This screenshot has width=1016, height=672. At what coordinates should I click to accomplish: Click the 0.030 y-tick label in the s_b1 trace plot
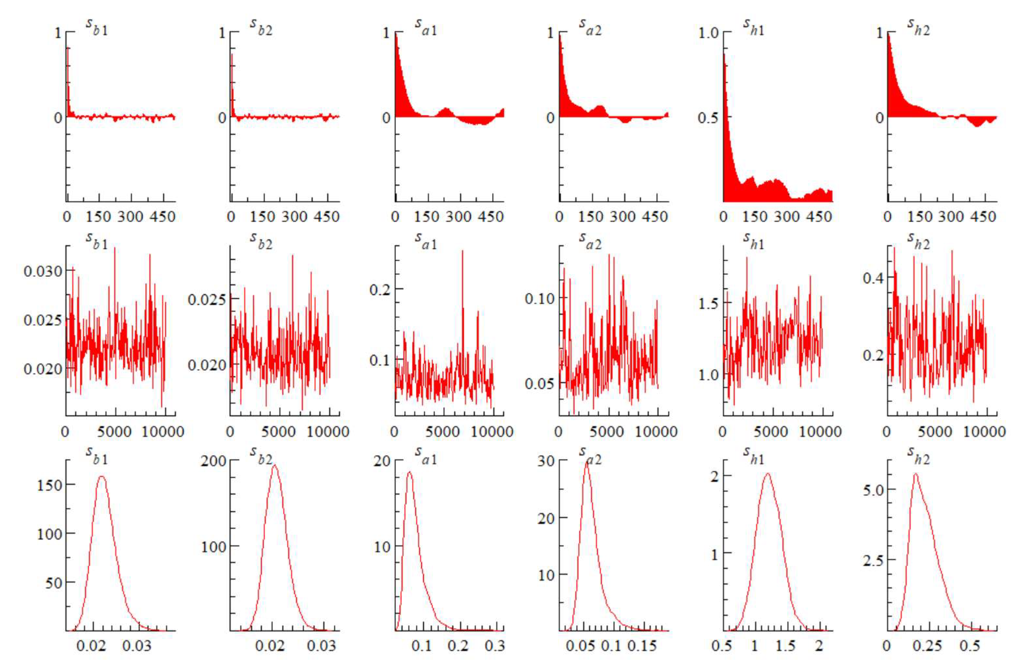(x=43, y=271)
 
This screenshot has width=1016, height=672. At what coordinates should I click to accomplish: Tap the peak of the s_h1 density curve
(x=767, y=474)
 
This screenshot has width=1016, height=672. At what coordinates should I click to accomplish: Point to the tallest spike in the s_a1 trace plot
(x=462, y=251)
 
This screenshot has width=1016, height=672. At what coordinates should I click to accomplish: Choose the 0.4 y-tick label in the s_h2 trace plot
(x=873, y=278)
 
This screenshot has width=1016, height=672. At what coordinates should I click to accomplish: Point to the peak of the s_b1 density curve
(x=102, y=476)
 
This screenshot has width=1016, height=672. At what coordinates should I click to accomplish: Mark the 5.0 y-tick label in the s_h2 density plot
(x=873, y=490)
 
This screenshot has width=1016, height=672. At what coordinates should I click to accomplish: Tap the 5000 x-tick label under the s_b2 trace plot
(x=278, y=432)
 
